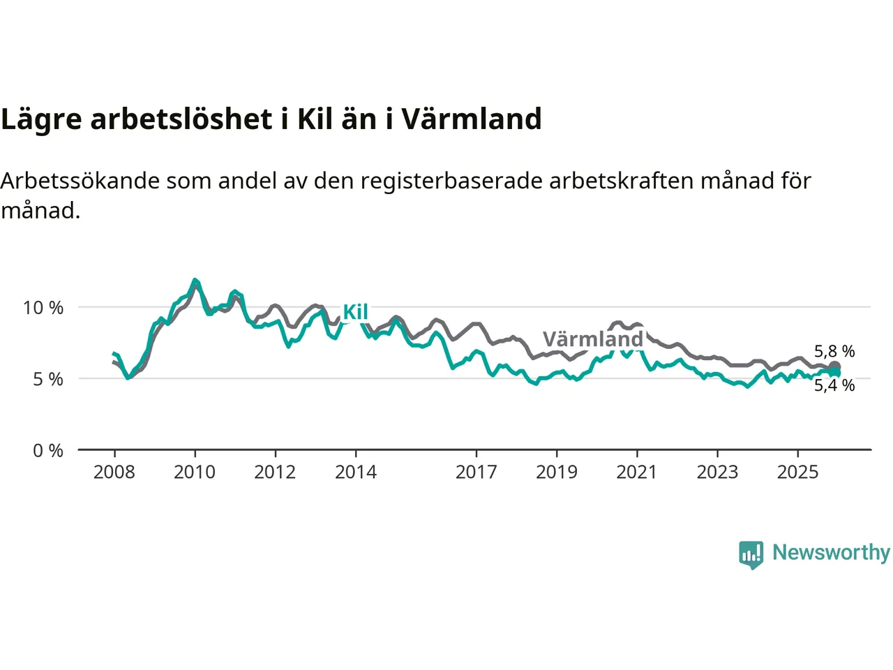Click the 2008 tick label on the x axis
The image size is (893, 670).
(114, 472)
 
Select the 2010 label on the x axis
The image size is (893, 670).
(195, 472)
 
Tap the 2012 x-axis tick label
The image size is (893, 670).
(275, 472)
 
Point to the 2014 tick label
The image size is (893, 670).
(356, 472)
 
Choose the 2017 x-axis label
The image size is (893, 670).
(476, 472)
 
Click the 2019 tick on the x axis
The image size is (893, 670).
(557, 472)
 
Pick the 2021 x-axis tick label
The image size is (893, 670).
(637, 472)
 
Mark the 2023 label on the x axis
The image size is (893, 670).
(717, 472)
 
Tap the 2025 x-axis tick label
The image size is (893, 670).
(798, 472)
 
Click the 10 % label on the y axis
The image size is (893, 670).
(43, 308)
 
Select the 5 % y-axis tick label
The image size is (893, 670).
(48, 380)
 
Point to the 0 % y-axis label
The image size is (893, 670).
(48, 451)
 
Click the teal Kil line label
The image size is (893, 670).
(355, 312)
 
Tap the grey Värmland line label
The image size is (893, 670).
(593, 339)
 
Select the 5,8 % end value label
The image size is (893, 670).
(834, 351)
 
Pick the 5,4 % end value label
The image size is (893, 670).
(834, 385)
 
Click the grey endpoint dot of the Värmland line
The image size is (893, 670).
(834, 367)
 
